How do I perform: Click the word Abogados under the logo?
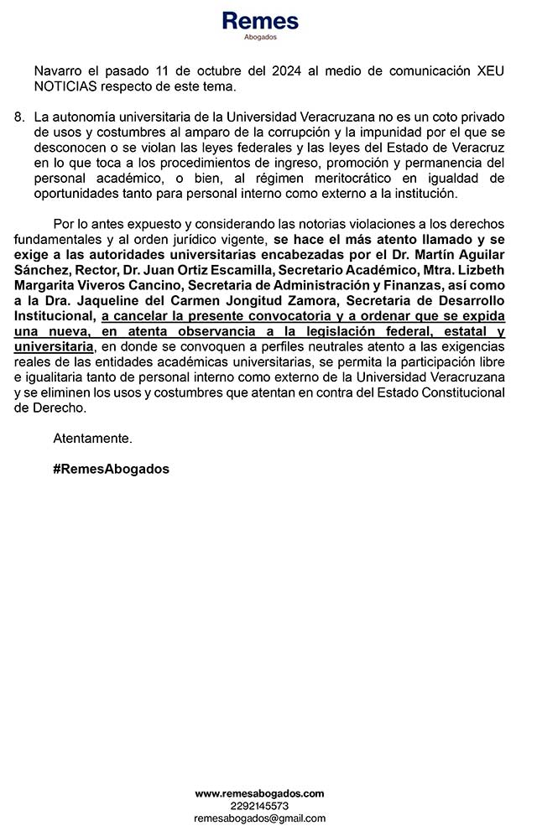259,38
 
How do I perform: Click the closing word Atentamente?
92,439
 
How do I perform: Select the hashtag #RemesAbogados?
111,470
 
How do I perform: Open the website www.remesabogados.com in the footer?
259,793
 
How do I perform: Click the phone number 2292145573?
259,805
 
